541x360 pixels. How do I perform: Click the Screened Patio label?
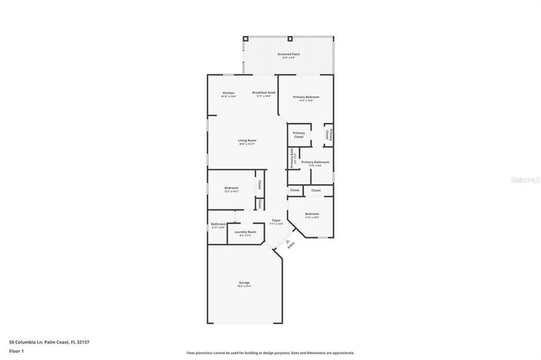288,55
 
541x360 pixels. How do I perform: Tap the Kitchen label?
229,93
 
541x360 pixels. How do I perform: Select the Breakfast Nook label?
264,93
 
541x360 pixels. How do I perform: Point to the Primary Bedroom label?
306,97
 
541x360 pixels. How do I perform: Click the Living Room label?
247,141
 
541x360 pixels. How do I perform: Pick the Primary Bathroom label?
315,163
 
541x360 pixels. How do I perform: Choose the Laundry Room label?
245,233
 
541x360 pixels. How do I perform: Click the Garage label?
244,283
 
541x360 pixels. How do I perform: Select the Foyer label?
276,221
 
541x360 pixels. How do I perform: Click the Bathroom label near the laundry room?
218,225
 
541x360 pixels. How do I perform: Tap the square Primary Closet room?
298,135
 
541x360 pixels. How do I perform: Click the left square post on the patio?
245,39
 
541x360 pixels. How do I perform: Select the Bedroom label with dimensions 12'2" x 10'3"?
231,189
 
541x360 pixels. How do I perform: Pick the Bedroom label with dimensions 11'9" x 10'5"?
312,215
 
